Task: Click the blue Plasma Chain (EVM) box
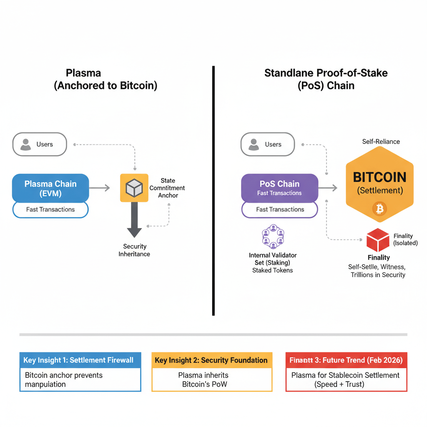50,188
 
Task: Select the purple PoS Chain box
279,188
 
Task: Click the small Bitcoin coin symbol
379,208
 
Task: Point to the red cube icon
378,240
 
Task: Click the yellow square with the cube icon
134,188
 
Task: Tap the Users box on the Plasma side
40,144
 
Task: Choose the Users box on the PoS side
268,144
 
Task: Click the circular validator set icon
273,237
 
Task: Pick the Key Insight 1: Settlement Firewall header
80,360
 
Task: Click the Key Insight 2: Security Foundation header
211,360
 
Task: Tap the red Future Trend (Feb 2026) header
346,360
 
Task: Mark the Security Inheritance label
134,250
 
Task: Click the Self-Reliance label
381,141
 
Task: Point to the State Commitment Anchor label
168,188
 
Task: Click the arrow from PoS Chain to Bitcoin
328,188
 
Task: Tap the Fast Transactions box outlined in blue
50,209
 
